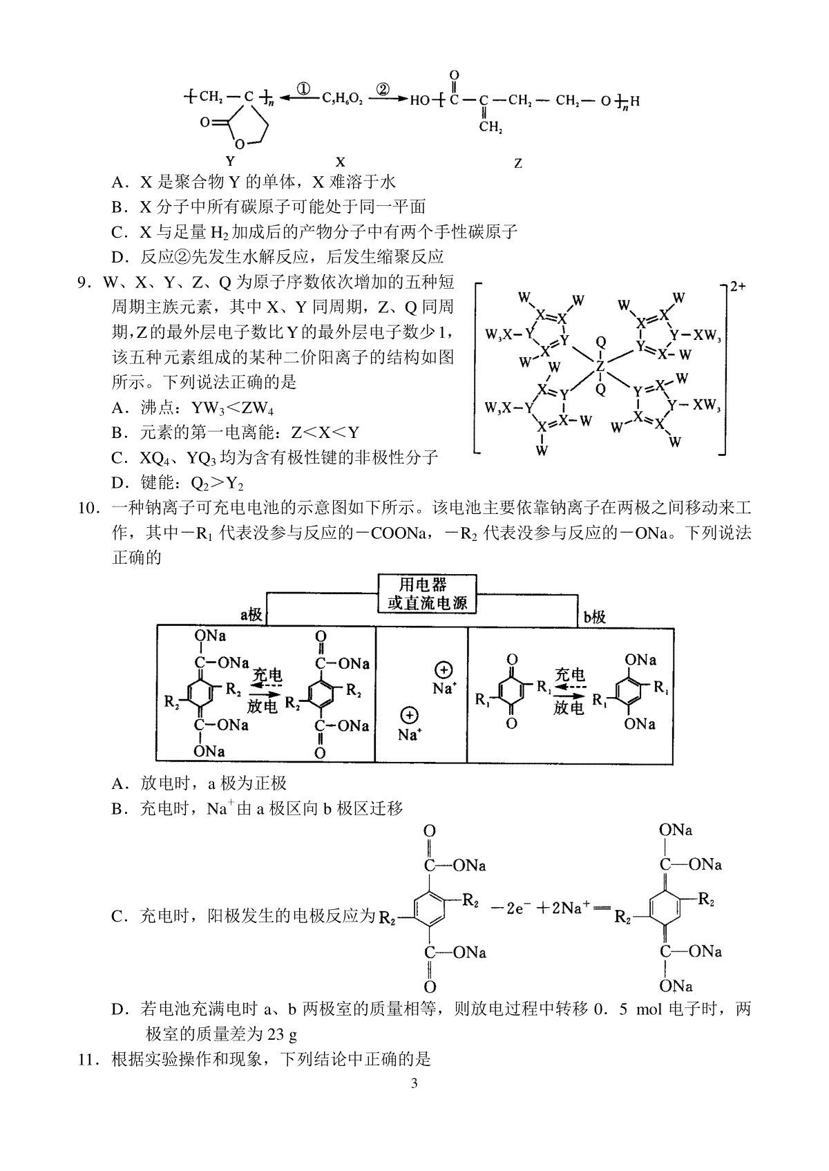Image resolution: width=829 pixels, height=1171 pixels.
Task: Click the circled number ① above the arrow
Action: coord(303,89)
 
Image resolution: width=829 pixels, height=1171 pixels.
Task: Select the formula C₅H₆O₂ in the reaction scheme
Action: coord(343,99)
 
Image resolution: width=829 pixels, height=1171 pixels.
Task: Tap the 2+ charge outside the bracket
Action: coord(738,287)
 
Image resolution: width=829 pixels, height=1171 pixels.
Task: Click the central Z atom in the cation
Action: coord(600,366)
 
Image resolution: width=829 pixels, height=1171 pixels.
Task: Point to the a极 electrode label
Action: coord(251,615)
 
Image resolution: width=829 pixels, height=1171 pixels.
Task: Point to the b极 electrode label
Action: coord(594,617)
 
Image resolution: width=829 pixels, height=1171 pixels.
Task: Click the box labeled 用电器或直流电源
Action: coord(427,594)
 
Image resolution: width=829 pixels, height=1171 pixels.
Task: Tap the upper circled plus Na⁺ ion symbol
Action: coord(444,678)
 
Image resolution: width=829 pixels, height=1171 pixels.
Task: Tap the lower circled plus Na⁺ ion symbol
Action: coord(409,725)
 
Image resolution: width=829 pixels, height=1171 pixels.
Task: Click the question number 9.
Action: coord(85,283)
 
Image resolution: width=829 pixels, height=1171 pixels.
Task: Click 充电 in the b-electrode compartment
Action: coord(569,675)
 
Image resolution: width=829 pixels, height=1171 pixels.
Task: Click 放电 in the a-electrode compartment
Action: coord(262,706)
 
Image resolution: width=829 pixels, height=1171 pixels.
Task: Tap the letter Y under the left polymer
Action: coord(231,161)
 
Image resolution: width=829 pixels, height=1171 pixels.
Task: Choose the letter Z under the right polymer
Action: coord(518,163)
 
